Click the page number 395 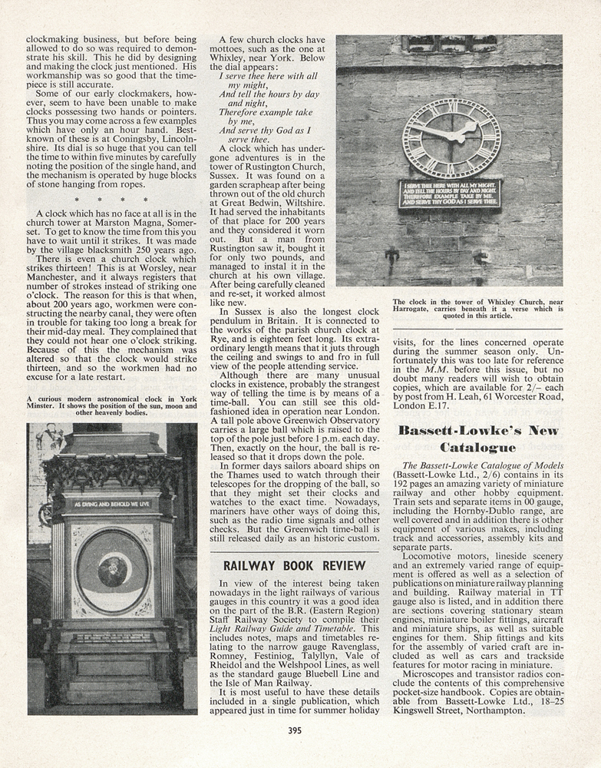coord(295,730)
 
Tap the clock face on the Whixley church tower coord(451,138)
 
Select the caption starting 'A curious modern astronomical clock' coord(111,406)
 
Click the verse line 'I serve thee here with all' coord(268,77)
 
